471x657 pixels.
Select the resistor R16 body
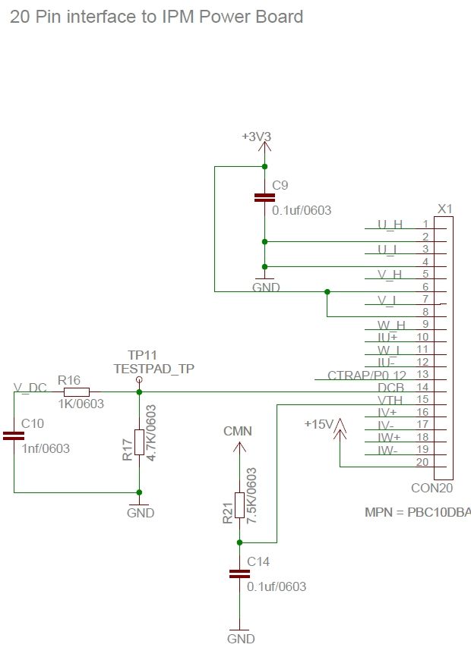[x=76, y=392]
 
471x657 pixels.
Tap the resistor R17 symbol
[x=139, y=442]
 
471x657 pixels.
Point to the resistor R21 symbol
[x=239, y=505]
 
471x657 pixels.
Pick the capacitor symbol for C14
[x=239, y=574]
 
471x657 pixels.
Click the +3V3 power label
[x=256, y=137]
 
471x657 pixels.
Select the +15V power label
[x=318, y=423]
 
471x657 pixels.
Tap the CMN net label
[x=238, y=431]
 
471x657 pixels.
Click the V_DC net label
[x=30, y=388]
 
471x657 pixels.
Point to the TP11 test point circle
[x=138, y=379]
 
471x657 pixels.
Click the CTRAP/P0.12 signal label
[x=367, y=375]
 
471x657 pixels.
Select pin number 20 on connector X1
[x=422, y=462]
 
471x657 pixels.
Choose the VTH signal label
[x=390, y=400]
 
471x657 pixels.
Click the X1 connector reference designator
[x=445, y=208]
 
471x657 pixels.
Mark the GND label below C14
[x=241, y=639]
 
